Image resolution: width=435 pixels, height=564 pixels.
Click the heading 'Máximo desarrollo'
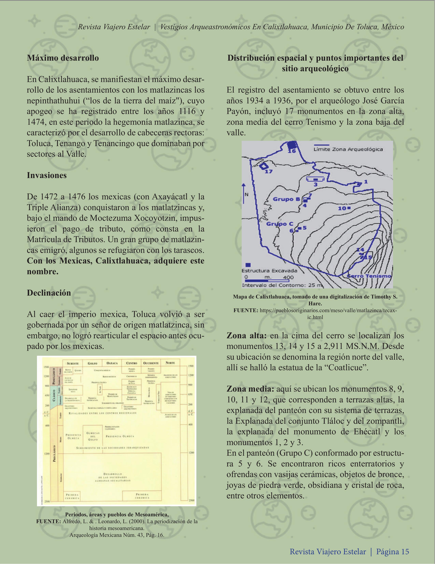[63, 58]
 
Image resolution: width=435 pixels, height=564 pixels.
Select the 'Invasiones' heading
[47, 175]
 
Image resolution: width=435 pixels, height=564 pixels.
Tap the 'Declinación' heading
[49, 293]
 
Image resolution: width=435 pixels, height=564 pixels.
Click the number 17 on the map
[269, 171]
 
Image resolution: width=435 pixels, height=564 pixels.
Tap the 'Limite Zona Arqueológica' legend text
[348, 149]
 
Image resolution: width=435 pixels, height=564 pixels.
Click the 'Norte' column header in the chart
[170, 363]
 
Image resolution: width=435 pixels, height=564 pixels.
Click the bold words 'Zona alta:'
[246, 336]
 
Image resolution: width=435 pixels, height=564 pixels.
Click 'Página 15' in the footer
[393, 551]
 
